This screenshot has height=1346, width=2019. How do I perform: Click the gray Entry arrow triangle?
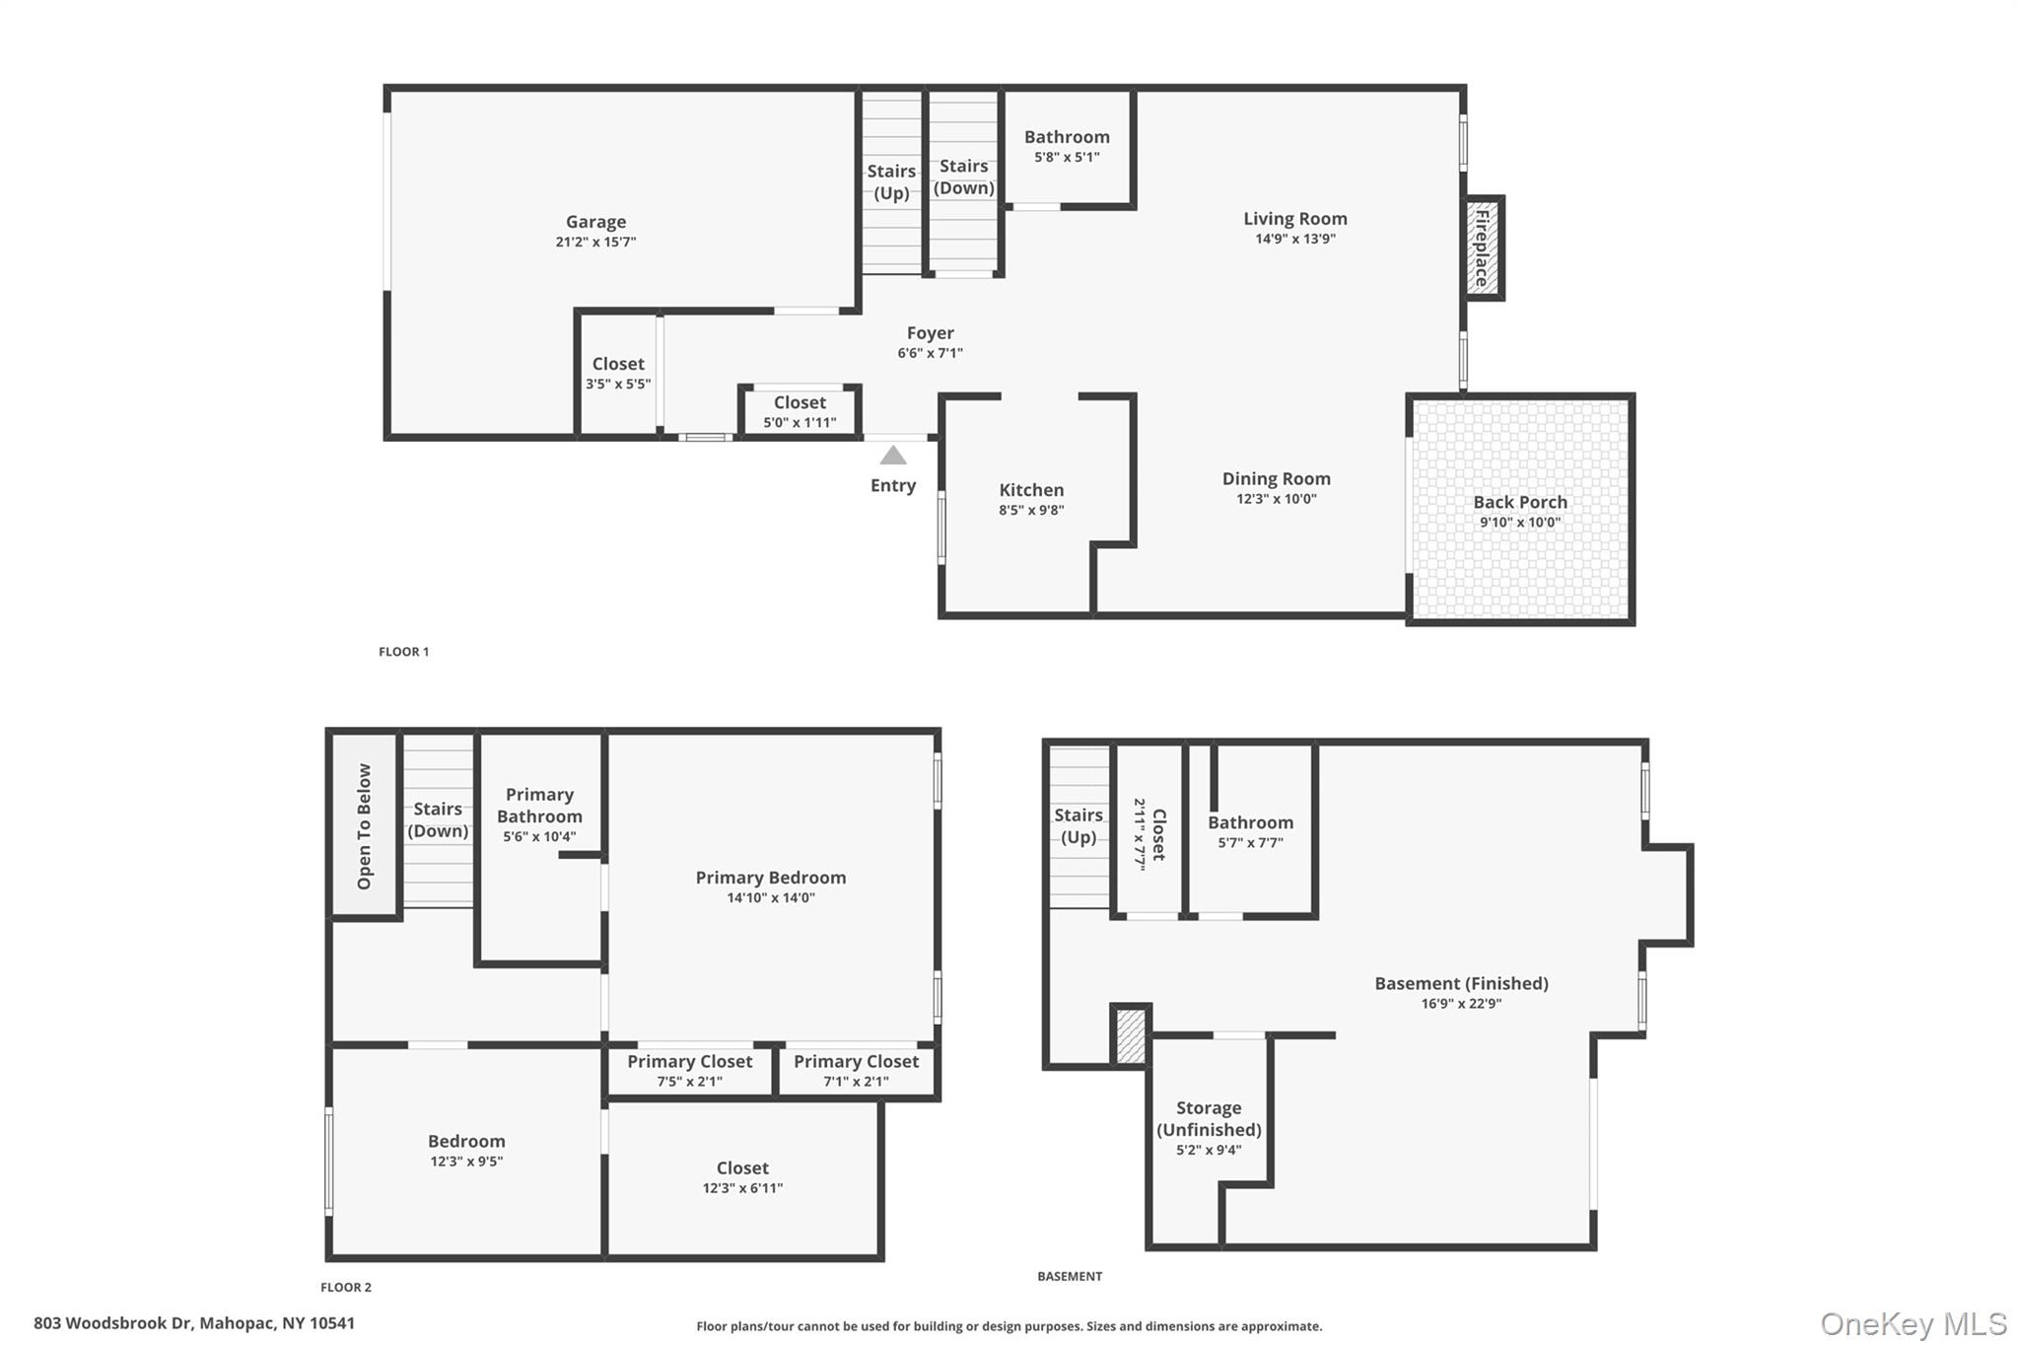(892, 456)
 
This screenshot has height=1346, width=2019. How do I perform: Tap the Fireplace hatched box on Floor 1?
(1482, 247)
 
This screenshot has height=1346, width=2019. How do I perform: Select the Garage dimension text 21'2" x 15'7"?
(595, 242)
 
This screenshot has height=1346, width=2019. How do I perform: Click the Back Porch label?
(1519, 502)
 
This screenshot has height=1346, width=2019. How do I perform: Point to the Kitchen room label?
(1031, 490)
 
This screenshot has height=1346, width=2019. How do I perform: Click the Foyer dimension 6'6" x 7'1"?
(930, 353)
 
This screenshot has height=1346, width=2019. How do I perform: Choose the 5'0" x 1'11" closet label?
(800, 422)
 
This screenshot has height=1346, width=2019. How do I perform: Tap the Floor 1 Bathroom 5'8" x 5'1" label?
(1067, 146)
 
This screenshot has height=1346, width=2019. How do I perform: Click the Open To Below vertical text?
(364, 825)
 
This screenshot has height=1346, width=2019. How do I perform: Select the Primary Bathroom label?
(539, 805)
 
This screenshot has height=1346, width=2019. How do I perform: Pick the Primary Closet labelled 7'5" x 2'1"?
(689, 1070)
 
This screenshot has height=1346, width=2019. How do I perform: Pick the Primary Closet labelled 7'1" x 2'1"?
(856, 1070)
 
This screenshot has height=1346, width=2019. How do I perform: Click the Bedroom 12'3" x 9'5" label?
(466, 1150)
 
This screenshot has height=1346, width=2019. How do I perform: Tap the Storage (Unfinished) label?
(1209, 1118)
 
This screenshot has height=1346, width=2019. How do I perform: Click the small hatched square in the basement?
(1131, 1035)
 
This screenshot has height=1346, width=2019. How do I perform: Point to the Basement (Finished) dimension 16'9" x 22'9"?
(1461, 1004)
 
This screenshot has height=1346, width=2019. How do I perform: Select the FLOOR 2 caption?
(346, 1287)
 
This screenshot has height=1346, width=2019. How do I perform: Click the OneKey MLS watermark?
(1913, 1323)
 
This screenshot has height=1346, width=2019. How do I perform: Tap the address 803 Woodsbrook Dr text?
(194, 1323)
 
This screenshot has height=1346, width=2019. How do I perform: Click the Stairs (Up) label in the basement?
(1078, 826)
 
